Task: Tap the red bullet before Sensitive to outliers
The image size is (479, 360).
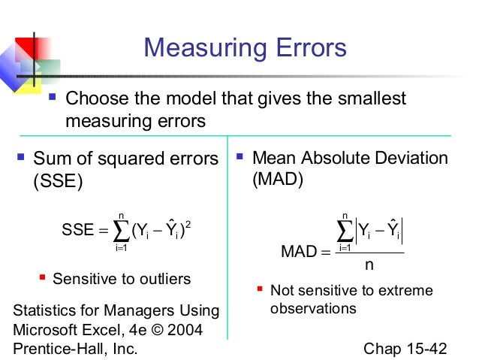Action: click(43, 279)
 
